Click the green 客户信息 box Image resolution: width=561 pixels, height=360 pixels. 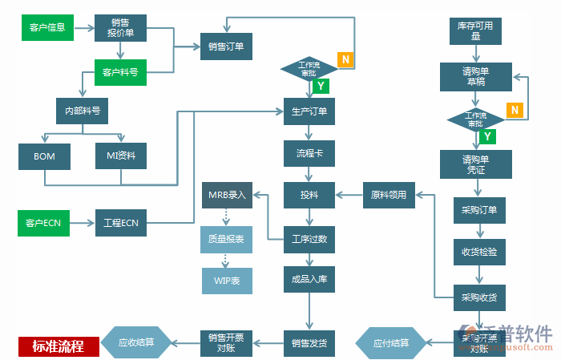point(47,27)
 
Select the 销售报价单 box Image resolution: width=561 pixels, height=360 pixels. point(120,27)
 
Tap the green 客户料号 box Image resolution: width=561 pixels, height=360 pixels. point(120,72)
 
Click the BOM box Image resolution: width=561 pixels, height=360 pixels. point(45,156)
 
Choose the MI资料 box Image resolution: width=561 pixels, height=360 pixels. point(121,156)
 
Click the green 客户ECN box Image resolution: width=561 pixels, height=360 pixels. point(43,222)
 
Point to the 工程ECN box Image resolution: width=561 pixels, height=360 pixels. point(121,222)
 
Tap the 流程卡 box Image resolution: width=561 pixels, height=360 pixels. point(309,152)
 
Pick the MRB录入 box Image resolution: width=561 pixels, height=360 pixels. point(228,195)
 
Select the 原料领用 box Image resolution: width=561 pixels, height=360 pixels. point(389,195)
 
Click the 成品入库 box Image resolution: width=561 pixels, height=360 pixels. point(309,281)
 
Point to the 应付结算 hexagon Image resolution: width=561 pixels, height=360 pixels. point(390,342)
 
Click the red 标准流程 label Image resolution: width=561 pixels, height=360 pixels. point(59,346)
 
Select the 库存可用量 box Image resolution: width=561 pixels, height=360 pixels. point(475,30)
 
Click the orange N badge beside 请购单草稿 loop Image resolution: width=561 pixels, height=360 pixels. point(515,110)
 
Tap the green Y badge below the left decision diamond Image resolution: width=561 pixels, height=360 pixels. point(320,86)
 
